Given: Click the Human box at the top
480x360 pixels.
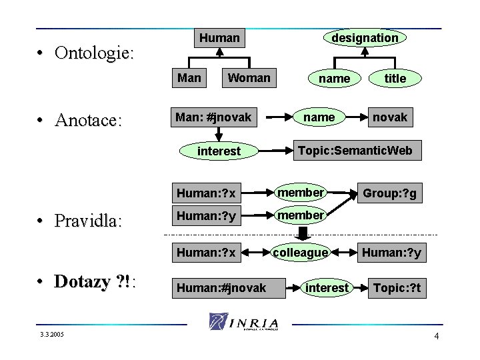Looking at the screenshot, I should coord(219,39).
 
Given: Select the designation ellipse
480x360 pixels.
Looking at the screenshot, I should coord(365,38).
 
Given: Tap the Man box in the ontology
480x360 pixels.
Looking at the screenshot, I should coord(189,78).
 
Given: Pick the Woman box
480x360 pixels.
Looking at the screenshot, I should coord(249,78).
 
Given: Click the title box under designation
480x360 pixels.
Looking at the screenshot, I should coord(395,79).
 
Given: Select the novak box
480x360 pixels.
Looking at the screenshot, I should coord(390,117).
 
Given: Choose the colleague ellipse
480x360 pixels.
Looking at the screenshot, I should coord(300,253).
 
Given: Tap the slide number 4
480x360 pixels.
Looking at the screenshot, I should coord(436,335).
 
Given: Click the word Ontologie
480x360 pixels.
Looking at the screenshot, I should coord(93,52).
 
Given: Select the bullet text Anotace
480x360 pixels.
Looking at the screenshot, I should coord(89,120).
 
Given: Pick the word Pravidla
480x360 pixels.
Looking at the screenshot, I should coord(89,220).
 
